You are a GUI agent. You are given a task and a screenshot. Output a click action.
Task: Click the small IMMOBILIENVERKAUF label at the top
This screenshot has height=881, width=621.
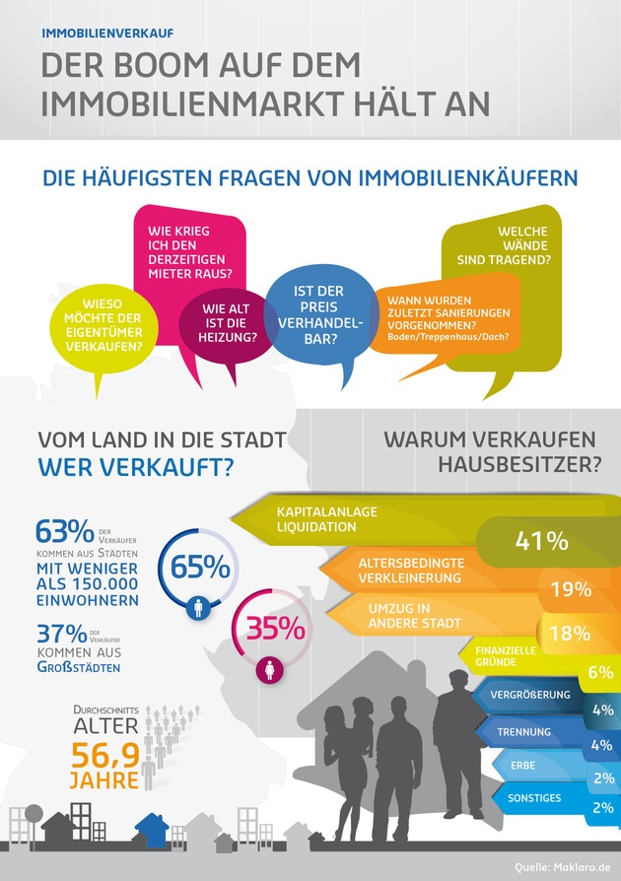(x=107, y=33)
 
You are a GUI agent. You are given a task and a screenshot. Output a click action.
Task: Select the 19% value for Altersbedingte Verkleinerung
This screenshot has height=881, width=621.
(x=571, y=589)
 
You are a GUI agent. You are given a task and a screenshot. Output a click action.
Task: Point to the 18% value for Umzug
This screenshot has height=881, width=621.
(x=569, y=634)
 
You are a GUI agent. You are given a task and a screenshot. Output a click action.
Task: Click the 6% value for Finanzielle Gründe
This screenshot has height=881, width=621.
(x=600, y=672)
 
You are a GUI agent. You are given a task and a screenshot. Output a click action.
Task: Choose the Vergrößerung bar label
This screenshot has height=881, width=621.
(x=530, y=694)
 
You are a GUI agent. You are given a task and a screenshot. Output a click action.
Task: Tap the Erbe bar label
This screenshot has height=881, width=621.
(x=523, y=765)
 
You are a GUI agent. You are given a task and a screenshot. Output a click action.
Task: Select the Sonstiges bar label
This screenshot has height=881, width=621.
(x=534, y=796)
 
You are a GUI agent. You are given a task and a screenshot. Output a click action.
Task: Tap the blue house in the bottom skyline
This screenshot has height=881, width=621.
(x=152, y=830)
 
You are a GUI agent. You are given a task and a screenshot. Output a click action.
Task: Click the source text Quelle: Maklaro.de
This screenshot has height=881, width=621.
(x=563, y=867)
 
